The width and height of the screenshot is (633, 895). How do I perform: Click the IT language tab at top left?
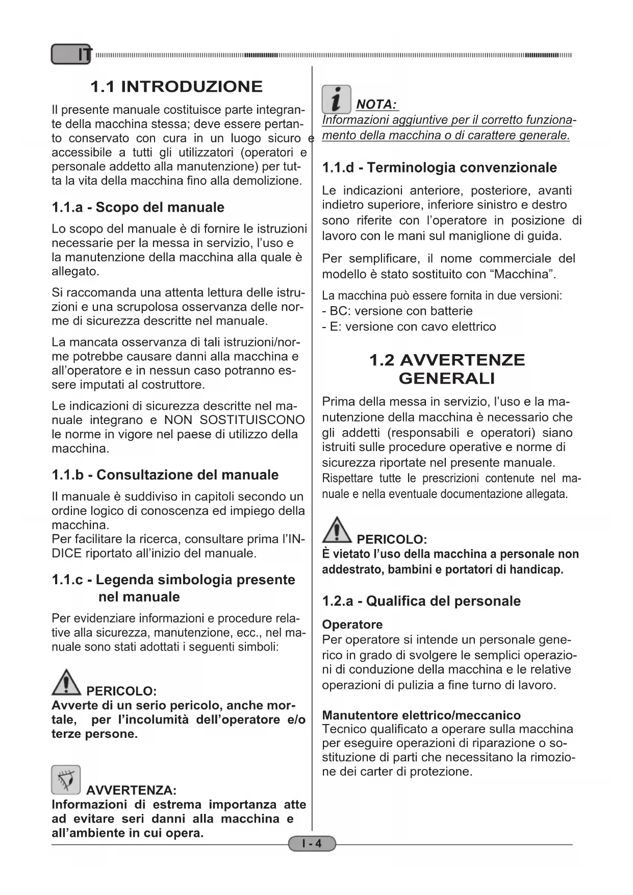tap(72, 54)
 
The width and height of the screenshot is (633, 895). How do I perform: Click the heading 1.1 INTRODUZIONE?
tap(176, 86)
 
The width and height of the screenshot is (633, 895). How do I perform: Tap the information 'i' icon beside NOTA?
tap(336, 99)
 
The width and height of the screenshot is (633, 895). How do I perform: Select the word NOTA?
tap(376, 105)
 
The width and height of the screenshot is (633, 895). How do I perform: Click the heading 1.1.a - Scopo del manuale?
tap(138, 207)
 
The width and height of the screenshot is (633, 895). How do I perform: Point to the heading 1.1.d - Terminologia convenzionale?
tap(439, 167)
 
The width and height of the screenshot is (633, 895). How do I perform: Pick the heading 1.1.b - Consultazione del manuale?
tap(165, 475)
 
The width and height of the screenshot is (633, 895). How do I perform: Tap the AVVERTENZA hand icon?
tap(66, 780)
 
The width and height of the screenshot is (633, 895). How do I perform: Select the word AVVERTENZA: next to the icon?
tap(131, 790)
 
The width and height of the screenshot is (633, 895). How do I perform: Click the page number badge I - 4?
tap(312, 843)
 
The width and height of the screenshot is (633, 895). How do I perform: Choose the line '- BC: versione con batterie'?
tap(397, 311)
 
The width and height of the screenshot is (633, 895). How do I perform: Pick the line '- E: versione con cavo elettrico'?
tap(409, 327)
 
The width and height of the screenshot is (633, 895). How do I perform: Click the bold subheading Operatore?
tap(352, 625)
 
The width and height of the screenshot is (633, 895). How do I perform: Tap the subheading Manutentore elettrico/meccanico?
tap(421, 715)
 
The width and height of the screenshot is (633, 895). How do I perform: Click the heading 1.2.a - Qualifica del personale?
tap(421, 601)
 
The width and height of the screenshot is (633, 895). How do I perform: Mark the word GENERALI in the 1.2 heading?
tap(446, 378)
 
